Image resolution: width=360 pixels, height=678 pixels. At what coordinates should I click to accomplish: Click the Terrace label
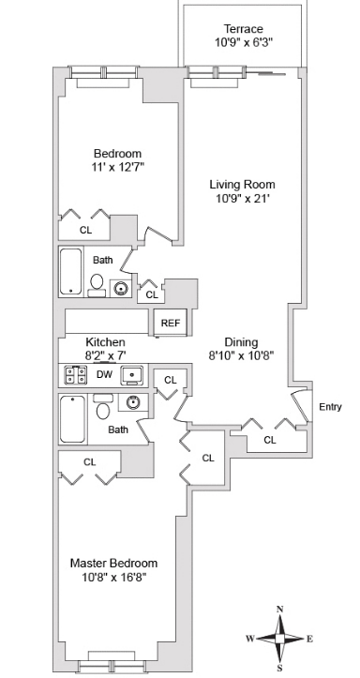pos(243,29)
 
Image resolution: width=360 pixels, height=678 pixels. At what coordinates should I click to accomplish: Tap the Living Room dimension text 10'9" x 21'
pos(243,198)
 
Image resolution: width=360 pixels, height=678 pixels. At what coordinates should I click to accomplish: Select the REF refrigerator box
pos(170,323)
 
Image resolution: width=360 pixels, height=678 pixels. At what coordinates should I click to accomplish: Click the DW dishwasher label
pos(104,374)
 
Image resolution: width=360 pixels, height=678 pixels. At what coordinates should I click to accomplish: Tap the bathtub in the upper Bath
pos(72,271)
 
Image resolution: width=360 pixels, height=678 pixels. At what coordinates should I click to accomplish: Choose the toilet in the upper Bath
pos(97,282)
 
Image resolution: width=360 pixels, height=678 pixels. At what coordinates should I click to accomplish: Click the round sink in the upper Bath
pos(121,287)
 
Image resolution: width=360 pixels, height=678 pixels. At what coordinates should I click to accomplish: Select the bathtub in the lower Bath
pos(73,418)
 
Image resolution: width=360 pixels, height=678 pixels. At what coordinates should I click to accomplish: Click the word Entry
pos(330,407)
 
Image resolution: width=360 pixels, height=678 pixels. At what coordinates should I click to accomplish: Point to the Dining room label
pos(241,342)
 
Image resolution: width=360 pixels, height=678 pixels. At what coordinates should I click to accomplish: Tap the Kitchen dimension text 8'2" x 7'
pos(105,355)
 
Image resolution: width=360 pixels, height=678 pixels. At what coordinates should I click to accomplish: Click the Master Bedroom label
pos(113,563)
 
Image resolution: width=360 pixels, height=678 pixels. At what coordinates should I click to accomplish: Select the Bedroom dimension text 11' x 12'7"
pos(117,167)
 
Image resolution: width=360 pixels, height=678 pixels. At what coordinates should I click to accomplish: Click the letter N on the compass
pos(279,610)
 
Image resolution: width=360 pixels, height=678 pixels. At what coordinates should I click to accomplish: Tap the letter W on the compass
pos(249,639)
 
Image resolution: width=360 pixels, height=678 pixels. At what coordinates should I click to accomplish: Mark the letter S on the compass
pos(279,668)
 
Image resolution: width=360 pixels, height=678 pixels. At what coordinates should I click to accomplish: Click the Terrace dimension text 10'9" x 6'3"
pos(243,43)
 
